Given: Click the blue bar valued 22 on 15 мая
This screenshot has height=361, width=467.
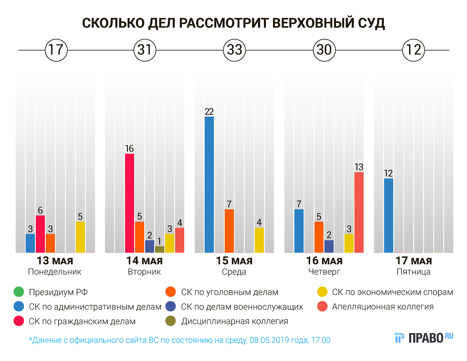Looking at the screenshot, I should (x=209, y=184).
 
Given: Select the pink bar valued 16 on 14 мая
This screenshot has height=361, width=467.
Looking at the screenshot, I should (x=130, y=203).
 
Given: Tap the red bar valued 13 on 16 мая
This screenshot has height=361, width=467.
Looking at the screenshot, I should (x=359, y=212).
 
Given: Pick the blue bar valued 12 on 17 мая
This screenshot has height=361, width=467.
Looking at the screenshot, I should (x=389, y=215).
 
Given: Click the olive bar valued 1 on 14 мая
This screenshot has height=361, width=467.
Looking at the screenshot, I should (x=159, y=249).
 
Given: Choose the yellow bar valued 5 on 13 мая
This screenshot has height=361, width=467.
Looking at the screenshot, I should (x=80, y=237).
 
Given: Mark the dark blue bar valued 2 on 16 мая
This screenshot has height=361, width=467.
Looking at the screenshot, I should (x=329, y=246).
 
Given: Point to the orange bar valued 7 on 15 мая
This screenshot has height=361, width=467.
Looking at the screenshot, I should (x=229, y=231).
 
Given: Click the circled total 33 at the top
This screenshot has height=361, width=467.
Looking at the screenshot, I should (x=234, y=50).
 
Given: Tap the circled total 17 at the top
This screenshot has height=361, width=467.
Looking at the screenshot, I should (x=56, y=50).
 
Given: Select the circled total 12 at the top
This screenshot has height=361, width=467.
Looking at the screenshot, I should (x=413, y=50).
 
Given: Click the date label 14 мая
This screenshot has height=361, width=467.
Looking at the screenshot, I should (x=144, y=261).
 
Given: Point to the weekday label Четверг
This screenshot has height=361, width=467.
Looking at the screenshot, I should (x=324, y=272).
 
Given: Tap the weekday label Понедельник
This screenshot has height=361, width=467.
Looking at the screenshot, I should (x=55, y=272).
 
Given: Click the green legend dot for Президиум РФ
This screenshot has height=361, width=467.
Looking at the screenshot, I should (x=19, y=292).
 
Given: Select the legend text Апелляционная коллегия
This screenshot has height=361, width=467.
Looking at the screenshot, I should (x=383, y=306).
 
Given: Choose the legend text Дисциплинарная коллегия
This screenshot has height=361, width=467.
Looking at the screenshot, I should (x=234, y=321).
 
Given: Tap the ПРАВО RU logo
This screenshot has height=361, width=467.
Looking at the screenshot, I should (x=424, y=338).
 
